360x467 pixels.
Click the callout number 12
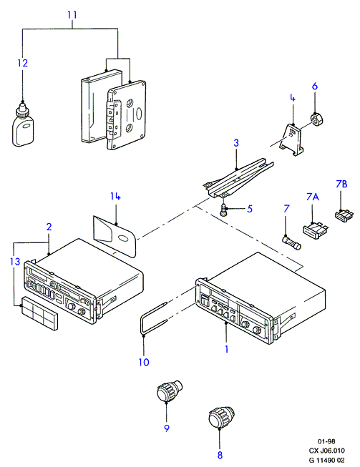tap(23, 63)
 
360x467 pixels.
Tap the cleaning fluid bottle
tap(23, 124)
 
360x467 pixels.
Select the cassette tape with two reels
tap(127, 115)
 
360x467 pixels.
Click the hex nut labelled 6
tap(318, 119)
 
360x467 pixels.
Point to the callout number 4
tap(293, 98)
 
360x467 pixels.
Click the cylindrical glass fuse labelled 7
tap(291, 243)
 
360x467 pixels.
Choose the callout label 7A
tap(312, 197)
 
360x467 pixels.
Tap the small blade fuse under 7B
tap(344, 216)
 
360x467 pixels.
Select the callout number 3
tap(236, 143)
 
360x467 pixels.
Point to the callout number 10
tap(144, 362)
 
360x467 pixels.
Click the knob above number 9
tap(170, 390)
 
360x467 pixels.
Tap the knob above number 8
tap(222, 417)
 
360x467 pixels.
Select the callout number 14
tap(115, 196)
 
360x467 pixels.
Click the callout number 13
tap(14, 262)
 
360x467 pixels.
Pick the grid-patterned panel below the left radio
tap(40, 313)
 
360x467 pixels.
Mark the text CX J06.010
tap(326, 451)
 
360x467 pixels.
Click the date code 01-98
tap(326, 441)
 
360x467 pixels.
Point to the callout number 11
tap(72, 15)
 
